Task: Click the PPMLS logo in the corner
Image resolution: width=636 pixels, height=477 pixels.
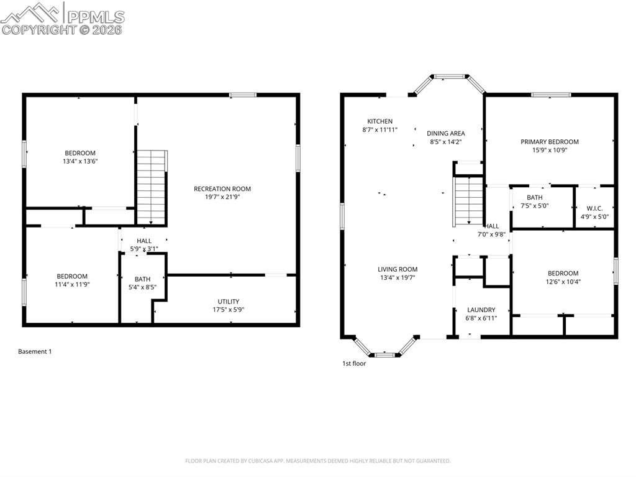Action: click(x=62, y=19)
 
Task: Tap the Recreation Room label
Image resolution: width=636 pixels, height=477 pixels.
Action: click(x=222, y=189)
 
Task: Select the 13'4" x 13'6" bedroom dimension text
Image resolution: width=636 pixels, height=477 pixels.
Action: click(x=80, y=161)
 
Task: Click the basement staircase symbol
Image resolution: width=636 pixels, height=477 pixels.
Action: click(x=152, y=187)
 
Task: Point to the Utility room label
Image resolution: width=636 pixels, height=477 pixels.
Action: click(x=228, y=302)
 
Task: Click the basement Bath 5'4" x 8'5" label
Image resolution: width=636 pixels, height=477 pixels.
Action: click(x=142, y=283)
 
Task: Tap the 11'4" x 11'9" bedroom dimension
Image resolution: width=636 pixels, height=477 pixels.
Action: click(x=72, y=284)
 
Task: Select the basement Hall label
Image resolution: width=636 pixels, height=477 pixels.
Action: click(x=144, y=241)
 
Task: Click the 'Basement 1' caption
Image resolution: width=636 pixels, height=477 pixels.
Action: click(x=35, y=351)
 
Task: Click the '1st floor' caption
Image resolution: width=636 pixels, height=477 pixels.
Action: click(x=354, y=363)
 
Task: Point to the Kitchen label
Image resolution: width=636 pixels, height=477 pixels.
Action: click(x=379, y=121)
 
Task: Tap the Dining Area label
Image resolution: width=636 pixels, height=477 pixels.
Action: click(x=445, y=133)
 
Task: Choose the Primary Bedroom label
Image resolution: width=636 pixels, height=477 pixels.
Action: click(x=549, y=142)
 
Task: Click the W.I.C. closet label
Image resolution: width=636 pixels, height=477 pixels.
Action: click(x=594, y=208)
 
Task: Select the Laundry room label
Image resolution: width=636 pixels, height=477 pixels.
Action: click(x=481, y=310)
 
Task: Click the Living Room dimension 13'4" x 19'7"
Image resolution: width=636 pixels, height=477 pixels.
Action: click(x=397, y=277)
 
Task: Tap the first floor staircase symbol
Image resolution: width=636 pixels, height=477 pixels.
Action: click(x=469, y=201)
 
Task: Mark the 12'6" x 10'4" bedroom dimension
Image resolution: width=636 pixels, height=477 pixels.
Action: click(x=563, y=281)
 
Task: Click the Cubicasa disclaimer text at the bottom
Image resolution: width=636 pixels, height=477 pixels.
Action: click(x=318, y=461)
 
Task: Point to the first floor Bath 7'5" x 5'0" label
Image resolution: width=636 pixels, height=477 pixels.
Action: click(x=534, y=201)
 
